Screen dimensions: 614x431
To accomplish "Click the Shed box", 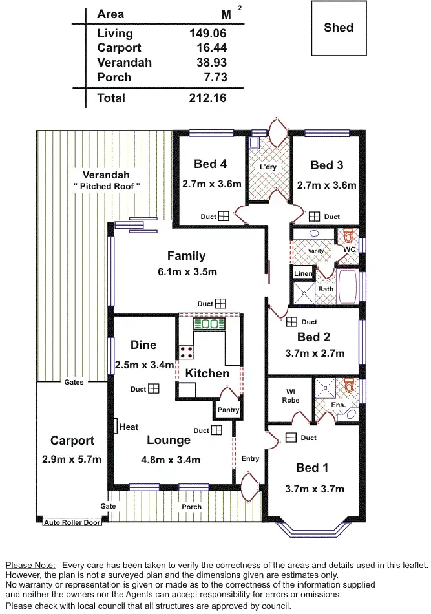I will [339, 28].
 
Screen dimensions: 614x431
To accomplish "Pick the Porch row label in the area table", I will [114, 78].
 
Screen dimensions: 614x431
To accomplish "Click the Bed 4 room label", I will [210, 164].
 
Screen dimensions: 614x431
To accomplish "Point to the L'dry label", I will [268, 167].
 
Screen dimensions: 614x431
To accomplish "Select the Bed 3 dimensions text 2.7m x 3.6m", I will [326, 185].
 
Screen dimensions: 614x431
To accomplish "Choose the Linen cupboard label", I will [303, 273].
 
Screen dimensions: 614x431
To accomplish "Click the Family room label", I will [186, 256].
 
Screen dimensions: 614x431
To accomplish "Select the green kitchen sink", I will [208, 323].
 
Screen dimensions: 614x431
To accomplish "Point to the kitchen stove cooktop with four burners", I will [187, 352].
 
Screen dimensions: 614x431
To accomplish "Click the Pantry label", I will [228, 410].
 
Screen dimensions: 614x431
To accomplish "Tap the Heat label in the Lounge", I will [129, 427].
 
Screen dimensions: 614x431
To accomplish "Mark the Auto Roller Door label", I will [72, 522].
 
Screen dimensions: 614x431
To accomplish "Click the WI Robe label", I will [290, 396].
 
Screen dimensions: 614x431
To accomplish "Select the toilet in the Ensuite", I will [350, 386].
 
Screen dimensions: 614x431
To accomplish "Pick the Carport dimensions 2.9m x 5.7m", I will [72, 460].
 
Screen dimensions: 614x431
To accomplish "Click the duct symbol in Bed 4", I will [224, 217].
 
